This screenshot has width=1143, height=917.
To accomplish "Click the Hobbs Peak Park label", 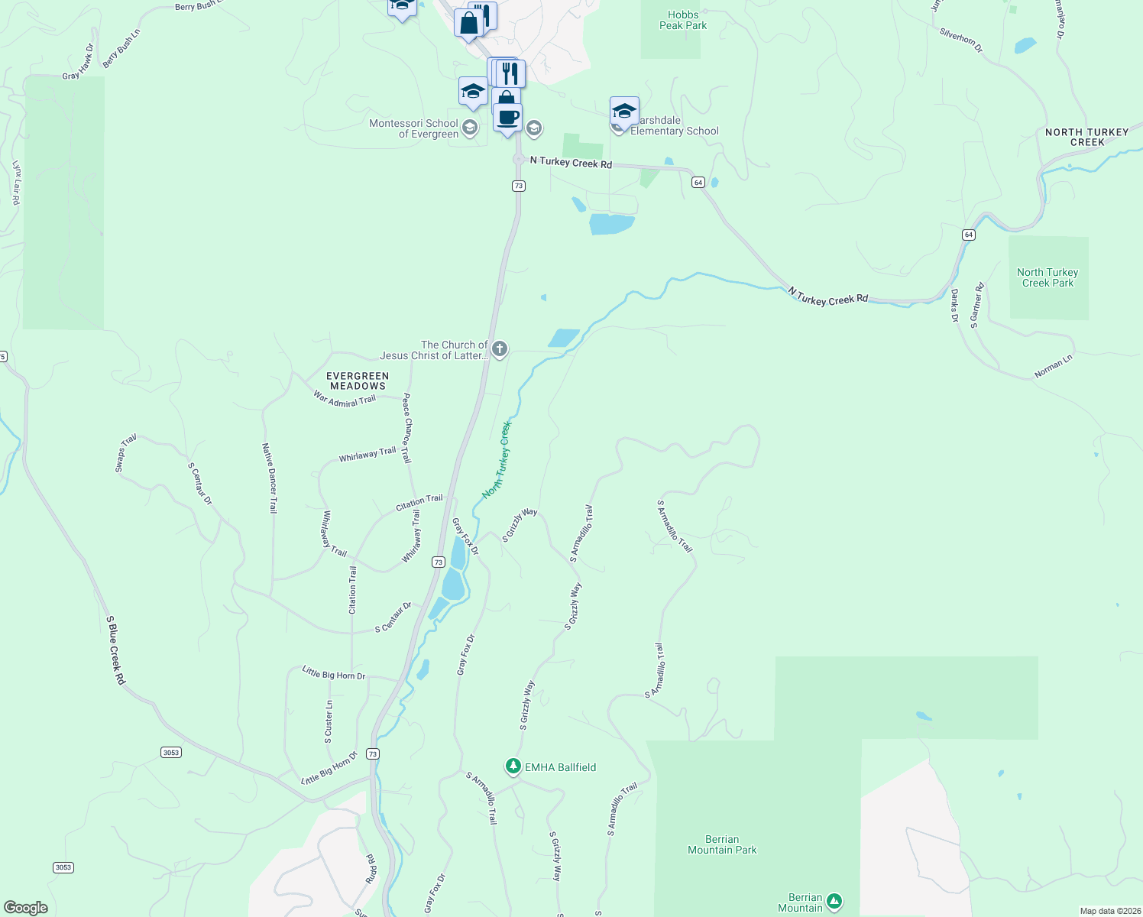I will coord(683,20).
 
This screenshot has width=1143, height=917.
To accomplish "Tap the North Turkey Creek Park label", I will coord(1047,277).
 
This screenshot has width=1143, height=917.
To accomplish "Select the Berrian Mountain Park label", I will coord(722,844).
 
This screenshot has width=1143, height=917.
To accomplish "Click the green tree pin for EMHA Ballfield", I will coord(513,766).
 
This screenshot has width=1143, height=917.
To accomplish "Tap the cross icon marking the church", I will coord(499,349).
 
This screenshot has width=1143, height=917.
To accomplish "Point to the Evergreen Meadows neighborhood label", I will coord(358,381).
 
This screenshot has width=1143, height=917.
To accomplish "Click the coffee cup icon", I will coord(507,118).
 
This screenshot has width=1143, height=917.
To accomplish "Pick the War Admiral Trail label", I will coord(345,399).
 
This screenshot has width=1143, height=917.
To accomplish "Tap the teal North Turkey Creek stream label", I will coord(497,460).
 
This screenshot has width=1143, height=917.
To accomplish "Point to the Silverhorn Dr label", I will coord(961,40).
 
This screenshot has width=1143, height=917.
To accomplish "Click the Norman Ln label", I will coord(1053,366).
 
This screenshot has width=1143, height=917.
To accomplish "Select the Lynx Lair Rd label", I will coord(16,182).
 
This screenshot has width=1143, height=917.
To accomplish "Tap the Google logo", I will coord(26,908).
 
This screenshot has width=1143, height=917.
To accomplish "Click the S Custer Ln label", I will coord(329,722).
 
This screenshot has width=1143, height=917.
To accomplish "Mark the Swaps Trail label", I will coord(125,452).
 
